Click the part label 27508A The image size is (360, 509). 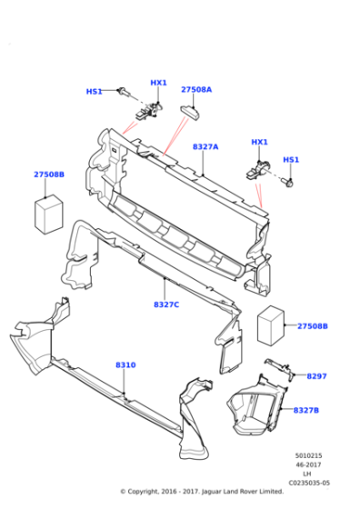[196, 90]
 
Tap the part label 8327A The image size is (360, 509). [205, 147]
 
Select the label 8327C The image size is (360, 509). [166, 304]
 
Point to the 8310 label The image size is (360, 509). [125, 364]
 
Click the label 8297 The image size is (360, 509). [316, 376]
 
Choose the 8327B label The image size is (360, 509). [306, 410]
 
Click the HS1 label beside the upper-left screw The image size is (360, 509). [95, 92]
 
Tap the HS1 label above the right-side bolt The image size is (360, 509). [291, 160]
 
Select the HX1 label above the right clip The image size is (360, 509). [259, 142]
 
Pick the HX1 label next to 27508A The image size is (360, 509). [158, 83]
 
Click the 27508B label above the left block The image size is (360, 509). [49, 175]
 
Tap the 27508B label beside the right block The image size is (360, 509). [313, 326]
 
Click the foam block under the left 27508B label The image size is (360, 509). [49, 215]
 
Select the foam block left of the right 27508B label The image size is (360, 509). [271, 325]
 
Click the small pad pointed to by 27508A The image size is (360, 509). [190, 113]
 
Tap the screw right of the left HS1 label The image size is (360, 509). [125, 92]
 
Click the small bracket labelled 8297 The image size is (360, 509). [279, 369]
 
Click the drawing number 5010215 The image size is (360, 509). [308, 455]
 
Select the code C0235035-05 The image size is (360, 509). [309, 483]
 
